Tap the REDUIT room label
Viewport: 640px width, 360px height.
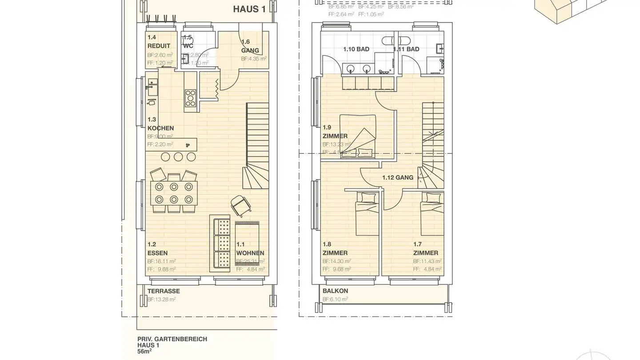click(x=159, y=46)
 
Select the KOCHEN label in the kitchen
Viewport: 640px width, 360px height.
click(x=160, y=128)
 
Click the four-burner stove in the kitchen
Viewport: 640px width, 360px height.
click(x=191, y=98)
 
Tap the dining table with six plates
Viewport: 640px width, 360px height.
click(x=174, y=192)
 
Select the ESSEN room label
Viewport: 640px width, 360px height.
click(x=157, y=253)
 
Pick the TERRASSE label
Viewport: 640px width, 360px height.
click(x=164, y=291)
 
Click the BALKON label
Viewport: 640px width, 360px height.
click(x=335, y=291)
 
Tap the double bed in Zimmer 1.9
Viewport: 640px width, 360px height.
click(x=358, y=136)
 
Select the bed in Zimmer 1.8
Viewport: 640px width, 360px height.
click(x=367, y=213)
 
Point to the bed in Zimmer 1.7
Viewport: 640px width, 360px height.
click(x=432, y=213)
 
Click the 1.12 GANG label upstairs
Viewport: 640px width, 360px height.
click(x=398, y=177)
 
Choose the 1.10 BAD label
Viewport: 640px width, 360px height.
click(x=356, y=49)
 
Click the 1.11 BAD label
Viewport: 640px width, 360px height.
click(x=406, y=49)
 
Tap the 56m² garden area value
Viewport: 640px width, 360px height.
click(x=145, y=351)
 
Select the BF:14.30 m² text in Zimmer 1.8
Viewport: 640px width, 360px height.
click(x=336, y=261)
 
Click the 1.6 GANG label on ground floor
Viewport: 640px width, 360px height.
click(x=250, y=46)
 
